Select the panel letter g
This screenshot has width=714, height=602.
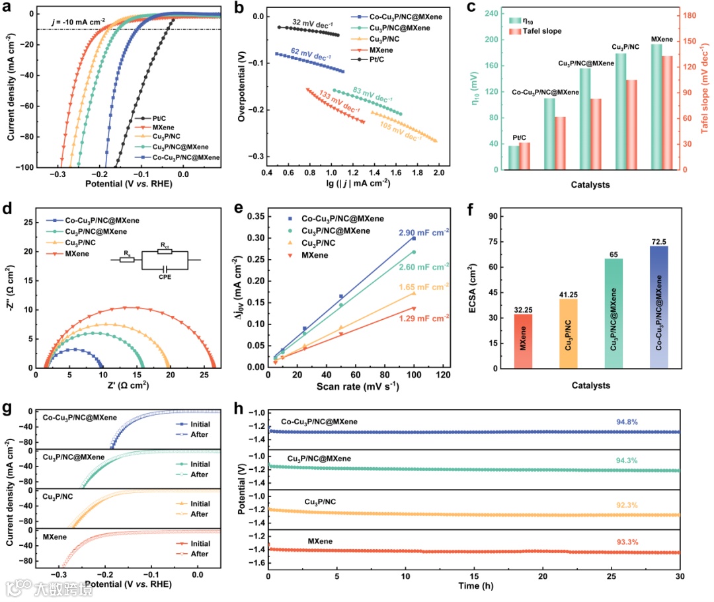click(8, 408)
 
